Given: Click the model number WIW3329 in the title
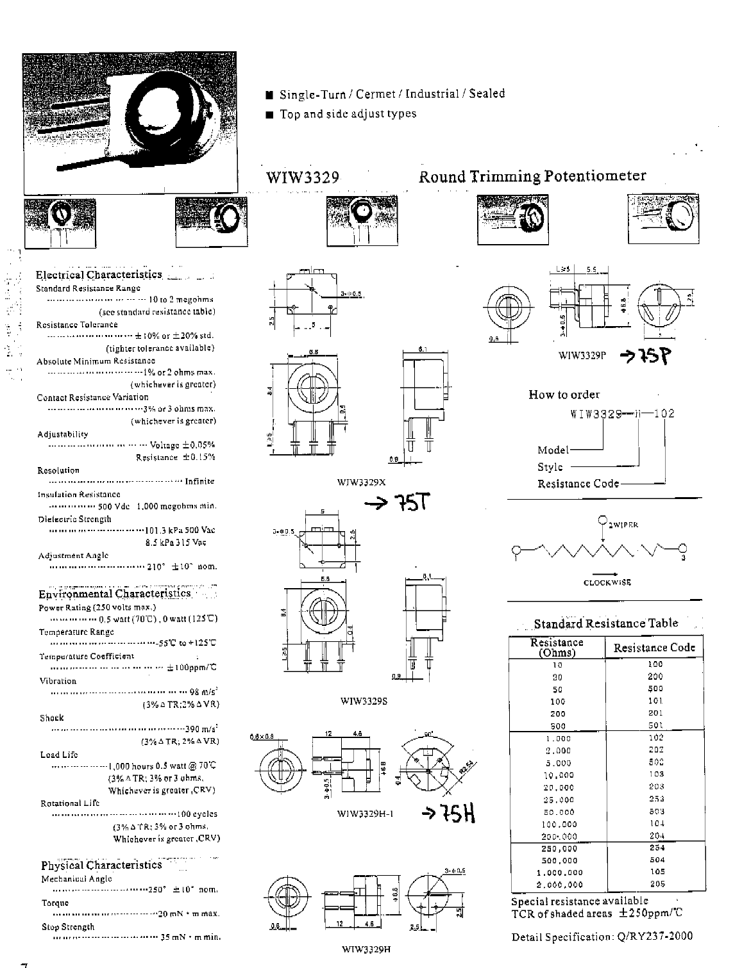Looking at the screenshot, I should (302, 177).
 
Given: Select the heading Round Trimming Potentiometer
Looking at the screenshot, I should (532, 176).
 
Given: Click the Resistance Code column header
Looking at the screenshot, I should (654, 648).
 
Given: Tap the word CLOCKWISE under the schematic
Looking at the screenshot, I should (607, 582).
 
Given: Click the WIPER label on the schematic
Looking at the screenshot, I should (623, 525).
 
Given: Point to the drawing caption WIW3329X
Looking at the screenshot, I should (362, 482).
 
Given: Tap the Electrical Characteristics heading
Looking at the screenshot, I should (99, 275).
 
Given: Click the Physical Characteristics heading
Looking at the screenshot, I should (101, 865).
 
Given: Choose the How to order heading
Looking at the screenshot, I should (564, 395).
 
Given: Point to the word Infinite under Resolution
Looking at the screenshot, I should (199, 481).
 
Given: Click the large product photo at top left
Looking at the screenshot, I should (130, 122).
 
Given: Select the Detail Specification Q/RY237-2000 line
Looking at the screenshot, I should (602, 937).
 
